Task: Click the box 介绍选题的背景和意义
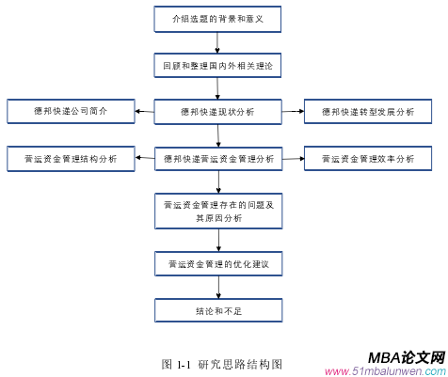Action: coord(218,19)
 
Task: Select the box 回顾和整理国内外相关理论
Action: coord(218,66)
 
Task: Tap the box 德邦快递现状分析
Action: coord(218,112)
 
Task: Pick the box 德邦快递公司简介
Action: coord(71,112)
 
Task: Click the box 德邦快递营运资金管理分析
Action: coord(218,159)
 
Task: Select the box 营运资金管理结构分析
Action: coord(71,159)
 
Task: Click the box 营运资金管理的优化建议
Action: coord(218,264)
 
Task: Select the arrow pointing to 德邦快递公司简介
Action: coord(145,112)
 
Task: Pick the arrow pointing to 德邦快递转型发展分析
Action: coord(293,112)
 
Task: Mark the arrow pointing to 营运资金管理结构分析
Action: coord(145,159)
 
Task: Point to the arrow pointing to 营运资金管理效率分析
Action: coord(293,159)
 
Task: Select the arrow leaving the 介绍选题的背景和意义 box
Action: coord(218,42)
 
